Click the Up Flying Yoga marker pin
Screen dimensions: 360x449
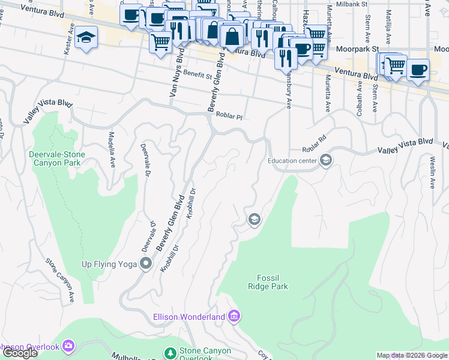145,263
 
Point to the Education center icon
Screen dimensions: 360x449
325,160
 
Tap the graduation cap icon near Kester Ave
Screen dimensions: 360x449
86,38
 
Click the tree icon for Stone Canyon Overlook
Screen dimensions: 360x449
171,353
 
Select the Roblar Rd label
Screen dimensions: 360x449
314,142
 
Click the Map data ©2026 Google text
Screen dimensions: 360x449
412,355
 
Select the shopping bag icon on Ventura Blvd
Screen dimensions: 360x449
232,36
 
